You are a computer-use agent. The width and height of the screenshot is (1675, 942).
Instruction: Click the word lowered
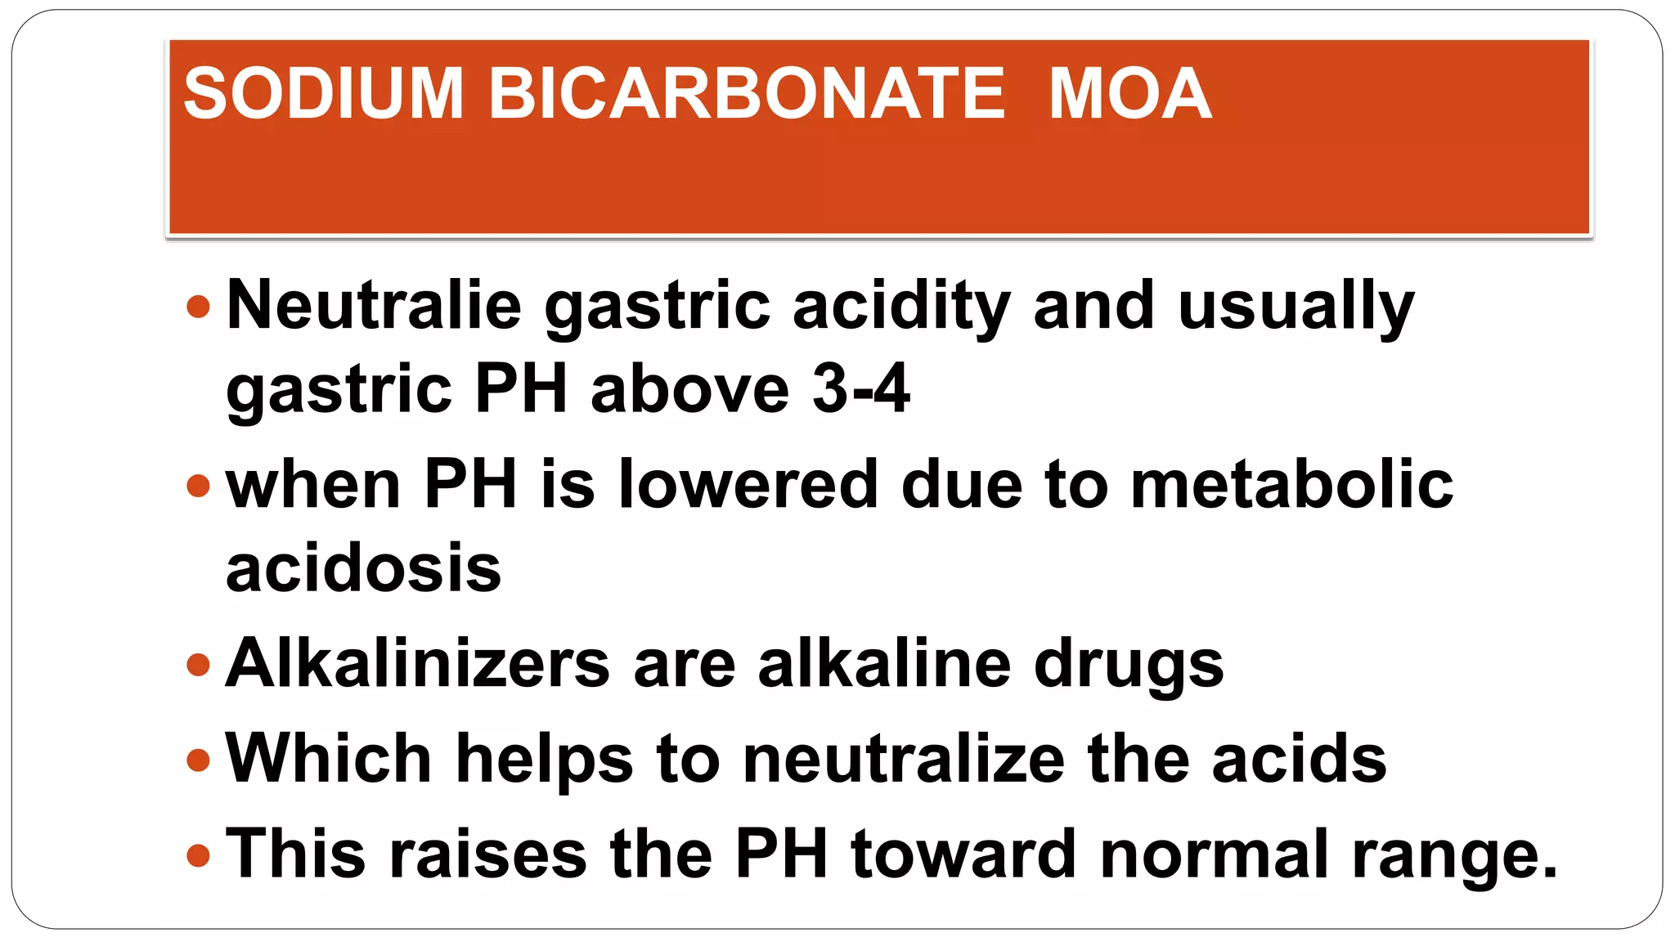(x=748, y=484)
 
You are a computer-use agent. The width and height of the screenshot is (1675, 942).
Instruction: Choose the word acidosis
(x=363, y=568)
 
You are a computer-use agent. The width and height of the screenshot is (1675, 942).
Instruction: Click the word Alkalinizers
(x=417, y=663)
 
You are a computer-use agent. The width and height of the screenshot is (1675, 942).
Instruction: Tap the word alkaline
(x=884, y=663)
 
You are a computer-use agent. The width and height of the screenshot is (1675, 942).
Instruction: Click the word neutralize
(x=904, y=759)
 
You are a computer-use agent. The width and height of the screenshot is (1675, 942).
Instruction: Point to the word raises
(x=488, y=854)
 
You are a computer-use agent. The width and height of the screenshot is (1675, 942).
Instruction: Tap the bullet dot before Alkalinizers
(x=198, y=664)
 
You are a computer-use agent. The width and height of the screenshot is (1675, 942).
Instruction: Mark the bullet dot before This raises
(x=198, y=855)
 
